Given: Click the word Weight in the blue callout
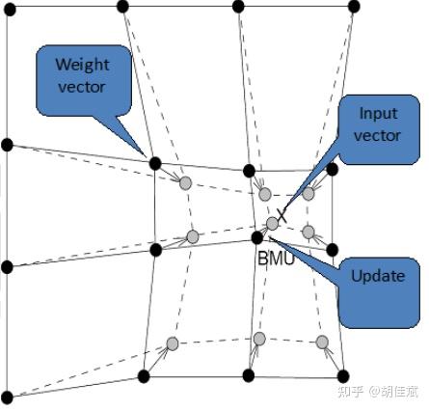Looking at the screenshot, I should pos(82,65).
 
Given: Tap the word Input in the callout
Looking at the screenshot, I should pos(378,113).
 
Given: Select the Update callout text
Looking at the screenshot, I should pos(378,276).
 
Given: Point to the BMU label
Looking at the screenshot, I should pos(276,259).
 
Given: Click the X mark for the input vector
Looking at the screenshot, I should pos(282,214).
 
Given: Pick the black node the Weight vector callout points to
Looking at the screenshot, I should pos(154,163).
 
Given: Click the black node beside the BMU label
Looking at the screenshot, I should pos(256,236).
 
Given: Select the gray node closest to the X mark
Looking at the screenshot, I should pos(273,223).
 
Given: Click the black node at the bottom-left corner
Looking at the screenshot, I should pos(7,396).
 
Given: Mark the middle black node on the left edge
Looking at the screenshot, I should pos(7,266).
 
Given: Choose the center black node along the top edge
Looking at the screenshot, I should pos(238,7).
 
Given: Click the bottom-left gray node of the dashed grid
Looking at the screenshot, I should pos(172,343).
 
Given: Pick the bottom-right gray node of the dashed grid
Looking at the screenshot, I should pos(322,342).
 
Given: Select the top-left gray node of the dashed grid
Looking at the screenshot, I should pos(185,182).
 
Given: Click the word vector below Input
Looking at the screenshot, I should pos(378,136).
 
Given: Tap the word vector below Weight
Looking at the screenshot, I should pos(82,87).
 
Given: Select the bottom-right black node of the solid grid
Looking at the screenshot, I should pos(342,374).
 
